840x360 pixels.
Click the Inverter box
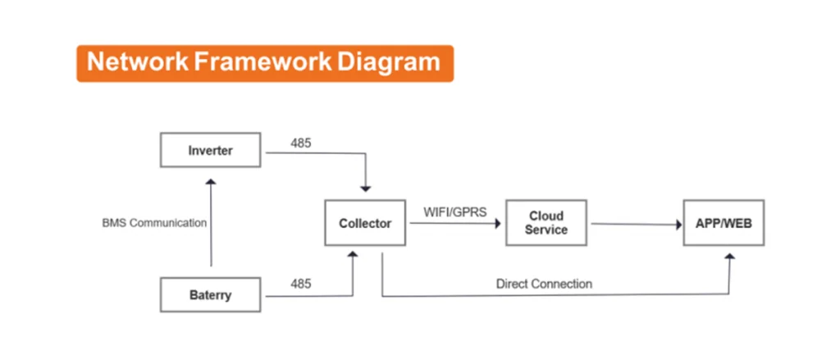[x=211, y=150]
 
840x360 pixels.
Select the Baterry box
[x=211, y=294]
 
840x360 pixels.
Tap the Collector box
[x=365, y=223]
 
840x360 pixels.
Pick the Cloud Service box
[x=546, y=223]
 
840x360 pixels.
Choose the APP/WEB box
[x=724, y=223]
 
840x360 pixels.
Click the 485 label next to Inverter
[x=301, y=144]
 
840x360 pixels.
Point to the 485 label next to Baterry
[x=301, y=284]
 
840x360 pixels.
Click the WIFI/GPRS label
[x=455, y=212]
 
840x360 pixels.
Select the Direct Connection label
[x=545, y=284]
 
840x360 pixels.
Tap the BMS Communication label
[x=154, y=223]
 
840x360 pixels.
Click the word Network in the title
[x=138, y=62]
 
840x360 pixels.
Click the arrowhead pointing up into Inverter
[x=211, y=182]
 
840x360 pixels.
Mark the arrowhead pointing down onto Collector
[x=365, y=189]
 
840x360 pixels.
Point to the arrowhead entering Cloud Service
[x=498, y=224]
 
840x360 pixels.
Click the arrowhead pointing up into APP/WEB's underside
[x=729, y=257]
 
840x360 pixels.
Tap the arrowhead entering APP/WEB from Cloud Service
[x=678, y=225]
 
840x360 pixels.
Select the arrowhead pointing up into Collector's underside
[x=353, y=255]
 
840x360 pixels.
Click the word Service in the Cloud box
[x=546, y=230]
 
